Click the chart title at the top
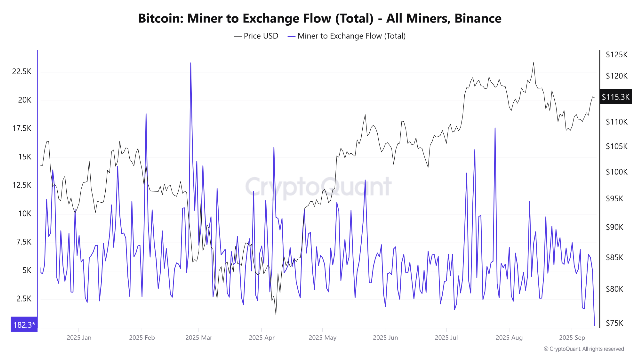[320, 19]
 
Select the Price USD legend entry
[256, 36]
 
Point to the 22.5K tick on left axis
[21, 72]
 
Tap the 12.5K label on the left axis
[21, 185]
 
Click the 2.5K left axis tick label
[23, 299]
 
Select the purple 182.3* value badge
[23, 325]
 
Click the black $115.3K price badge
[616, 97]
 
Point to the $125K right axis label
[616, 54]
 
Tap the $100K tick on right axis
[616, 172]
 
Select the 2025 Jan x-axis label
[79, 338]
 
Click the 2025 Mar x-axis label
[198, 338]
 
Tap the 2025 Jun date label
[386, 338]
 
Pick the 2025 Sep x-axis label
[572, 338]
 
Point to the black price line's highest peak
[533, 63]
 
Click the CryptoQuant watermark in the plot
[318, 187]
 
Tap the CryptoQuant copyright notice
[583, 349]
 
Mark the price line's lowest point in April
[276, 315]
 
